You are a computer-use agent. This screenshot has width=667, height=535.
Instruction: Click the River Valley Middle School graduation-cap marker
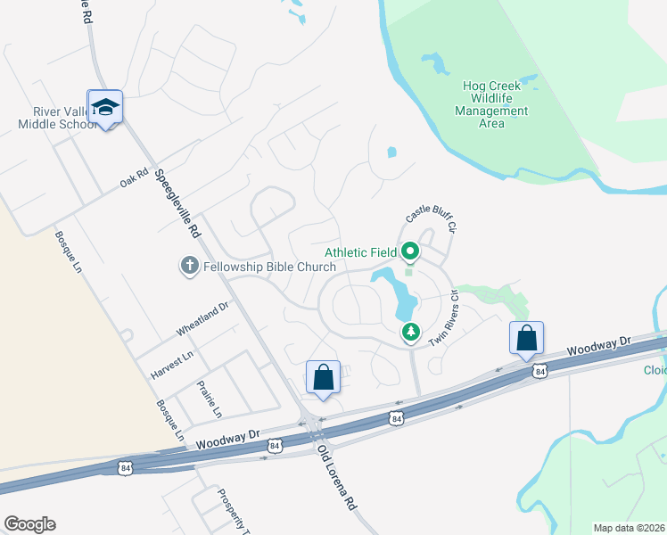point(105,108)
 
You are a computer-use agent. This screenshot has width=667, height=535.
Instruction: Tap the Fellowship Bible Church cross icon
point(189,265)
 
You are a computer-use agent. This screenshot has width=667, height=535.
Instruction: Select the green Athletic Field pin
point(410,252)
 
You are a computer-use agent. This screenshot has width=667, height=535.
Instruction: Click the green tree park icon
point(410,333)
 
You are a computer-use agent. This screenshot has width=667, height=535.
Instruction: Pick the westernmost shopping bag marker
point(323,377)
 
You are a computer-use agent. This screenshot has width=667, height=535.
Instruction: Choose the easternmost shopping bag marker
point(526,339)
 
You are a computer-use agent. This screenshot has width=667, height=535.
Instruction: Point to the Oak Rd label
point(133,179)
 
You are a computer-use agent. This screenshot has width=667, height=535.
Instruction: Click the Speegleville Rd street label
point(177,204)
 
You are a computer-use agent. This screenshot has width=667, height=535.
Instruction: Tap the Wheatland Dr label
point(202,318)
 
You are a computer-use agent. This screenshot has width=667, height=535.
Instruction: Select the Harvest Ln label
point(171,366)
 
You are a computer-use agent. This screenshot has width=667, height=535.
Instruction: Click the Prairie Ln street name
point(207,400)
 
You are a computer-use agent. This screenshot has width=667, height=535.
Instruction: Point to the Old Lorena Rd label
point(336,478)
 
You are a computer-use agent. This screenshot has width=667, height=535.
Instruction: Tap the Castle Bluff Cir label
point(431,218)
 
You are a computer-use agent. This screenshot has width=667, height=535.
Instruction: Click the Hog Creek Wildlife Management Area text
point(491,104)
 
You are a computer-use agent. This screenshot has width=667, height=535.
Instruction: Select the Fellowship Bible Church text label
point(255,265)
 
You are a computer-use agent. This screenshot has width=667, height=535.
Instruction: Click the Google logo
point(29,524)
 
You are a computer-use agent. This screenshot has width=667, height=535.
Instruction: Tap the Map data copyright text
point(629,528)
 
